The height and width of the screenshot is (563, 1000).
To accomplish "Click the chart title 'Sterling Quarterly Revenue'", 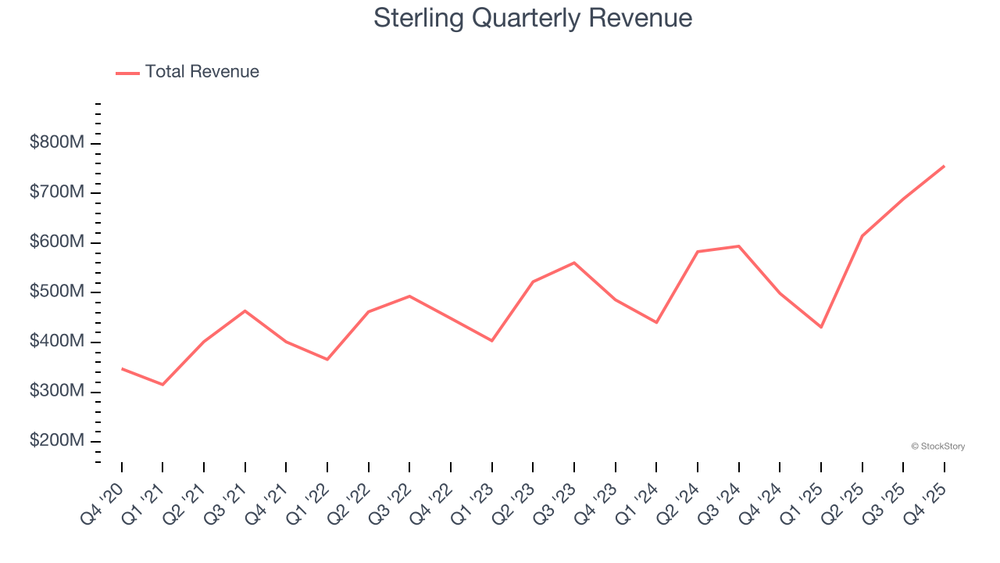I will [533, 18].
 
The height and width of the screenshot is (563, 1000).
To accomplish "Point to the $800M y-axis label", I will [58, 143].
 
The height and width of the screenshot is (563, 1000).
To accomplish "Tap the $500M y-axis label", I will [58, 292].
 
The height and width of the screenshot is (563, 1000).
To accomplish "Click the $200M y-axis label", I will [58, 441].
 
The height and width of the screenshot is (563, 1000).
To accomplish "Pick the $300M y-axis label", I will [58, 392].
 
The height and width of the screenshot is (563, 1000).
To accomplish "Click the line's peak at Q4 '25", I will [944, 166].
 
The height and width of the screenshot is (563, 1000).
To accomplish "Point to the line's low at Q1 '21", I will [162, 385].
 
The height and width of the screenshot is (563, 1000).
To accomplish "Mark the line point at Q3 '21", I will [245, 311].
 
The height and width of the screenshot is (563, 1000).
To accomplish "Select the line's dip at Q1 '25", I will [821, 327].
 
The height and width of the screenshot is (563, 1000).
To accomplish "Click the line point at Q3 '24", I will [738, 246].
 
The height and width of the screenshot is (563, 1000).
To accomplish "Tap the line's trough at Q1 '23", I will [492, 341].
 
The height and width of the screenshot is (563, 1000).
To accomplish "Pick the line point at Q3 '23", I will [574, 263].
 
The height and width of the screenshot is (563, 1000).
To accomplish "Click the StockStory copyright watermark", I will [937, 446].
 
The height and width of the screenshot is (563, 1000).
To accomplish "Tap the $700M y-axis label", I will [58, 193].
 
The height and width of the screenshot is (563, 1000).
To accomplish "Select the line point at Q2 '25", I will [862, 235].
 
